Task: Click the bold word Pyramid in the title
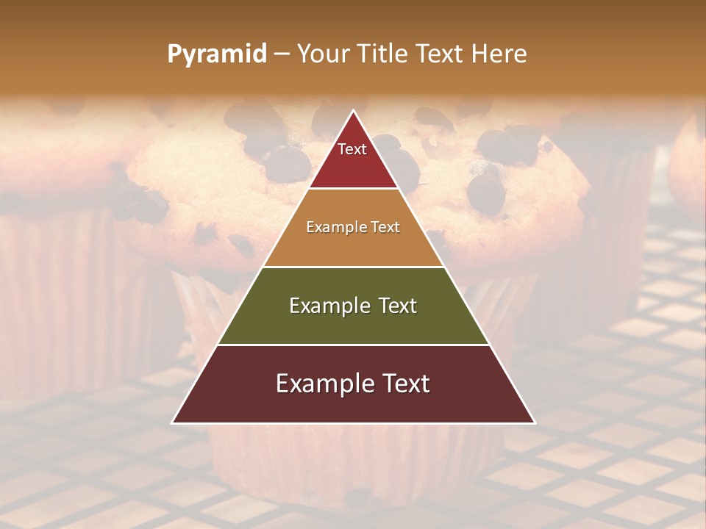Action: pos(216,54)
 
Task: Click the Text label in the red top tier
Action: pos(352,149)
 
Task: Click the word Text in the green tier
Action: pos(397,306)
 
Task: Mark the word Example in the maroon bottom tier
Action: pos(322,384)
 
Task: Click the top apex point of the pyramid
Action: pos(353,111)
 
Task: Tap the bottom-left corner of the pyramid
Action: pos(173,422)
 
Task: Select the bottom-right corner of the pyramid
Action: pos(534,422)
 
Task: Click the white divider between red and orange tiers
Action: pos(353,189)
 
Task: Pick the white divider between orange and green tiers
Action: pos(353,267)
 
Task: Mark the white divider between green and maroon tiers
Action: pos(353,345)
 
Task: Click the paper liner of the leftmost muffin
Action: pos(51,294)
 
